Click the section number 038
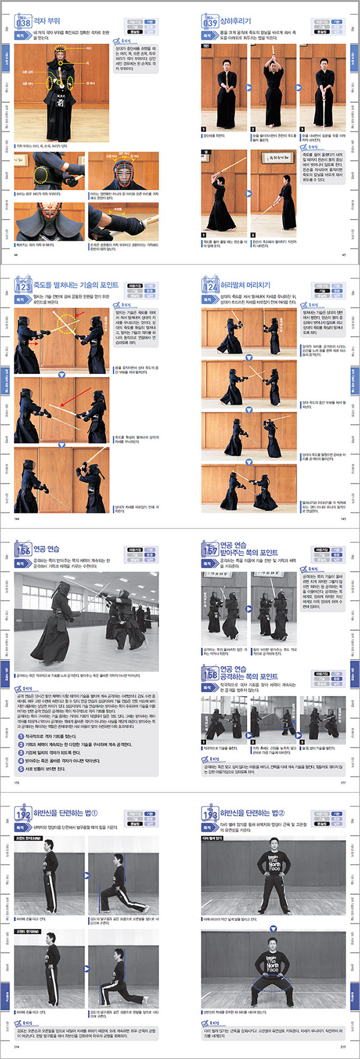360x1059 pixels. click(x=23, y=23)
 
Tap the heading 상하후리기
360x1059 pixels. click(x=235, y=21)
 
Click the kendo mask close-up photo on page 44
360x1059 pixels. click(x=124, y=170)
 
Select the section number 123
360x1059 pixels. click(x=23, y=286)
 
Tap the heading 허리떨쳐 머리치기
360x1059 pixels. click(x=245, y=285)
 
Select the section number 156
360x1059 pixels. click(x=23, y=550)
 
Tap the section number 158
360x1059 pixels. click(x=209, y=674)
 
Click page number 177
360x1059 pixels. click(x=343, y=782)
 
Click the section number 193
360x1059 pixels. click(x=209, y=814)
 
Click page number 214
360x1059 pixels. click(x=16, y=1046)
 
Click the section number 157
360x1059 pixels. click(x=209, y=550)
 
